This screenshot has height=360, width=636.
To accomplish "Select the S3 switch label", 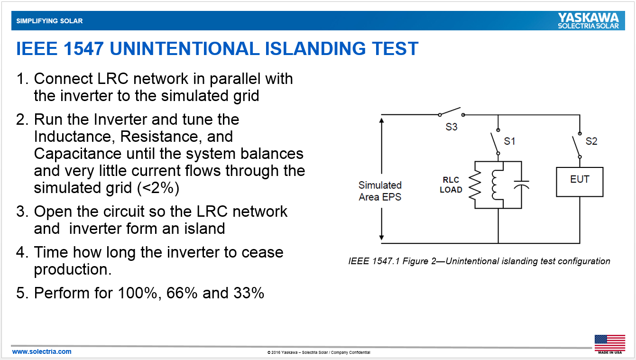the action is (x=452, y=127).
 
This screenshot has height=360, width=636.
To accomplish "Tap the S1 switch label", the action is (x=509, y=141).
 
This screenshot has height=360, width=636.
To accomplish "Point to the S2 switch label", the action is (x=591, y=141).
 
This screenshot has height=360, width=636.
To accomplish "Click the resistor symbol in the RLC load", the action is (x=475, y=185).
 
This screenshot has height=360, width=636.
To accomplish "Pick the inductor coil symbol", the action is (x=496, y=185).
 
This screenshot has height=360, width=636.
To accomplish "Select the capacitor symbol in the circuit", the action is (x=521, y=185).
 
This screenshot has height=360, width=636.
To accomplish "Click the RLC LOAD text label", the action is (x=451, y=185).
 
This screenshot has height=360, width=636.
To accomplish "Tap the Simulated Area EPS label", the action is (x=380, y=191).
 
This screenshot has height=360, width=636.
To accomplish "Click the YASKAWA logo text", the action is (x=588, y=18).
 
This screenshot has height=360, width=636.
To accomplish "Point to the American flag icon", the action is (x=610, y=343).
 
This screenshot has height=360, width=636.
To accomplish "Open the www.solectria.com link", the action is (x=42, y=351).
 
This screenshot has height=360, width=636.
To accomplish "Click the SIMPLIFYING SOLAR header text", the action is (x=49, y=21).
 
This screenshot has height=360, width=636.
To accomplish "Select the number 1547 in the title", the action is (x=83, y=48).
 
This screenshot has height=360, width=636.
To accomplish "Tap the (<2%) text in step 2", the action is (x=158, y=188).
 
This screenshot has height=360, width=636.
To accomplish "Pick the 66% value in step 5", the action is (x=182, y=293).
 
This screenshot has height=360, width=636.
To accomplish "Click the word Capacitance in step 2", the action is (x=78, y=154).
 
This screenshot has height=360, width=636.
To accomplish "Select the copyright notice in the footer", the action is (x=319, y=352).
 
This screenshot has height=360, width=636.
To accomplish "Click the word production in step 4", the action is (x=73, y=269).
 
